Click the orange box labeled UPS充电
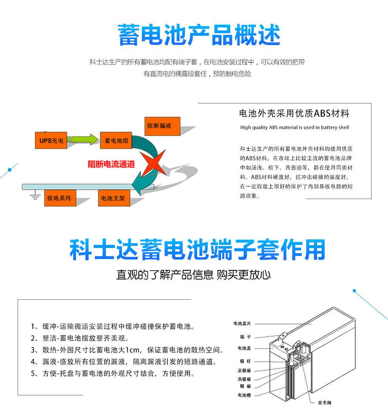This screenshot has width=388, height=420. click(x=51, y=140)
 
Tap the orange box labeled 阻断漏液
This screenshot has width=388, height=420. click(x=162, y=126)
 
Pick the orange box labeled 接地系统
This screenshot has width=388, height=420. click(x=59, y=198)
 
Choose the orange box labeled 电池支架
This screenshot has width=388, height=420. click(x=113, y=198)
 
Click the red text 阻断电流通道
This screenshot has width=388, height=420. click(x=111, y=164)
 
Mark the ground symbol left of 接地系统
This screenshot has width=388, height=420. click(x=35, y=196)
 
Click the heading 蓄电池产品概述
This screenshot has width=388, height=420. click(x=199, y=36)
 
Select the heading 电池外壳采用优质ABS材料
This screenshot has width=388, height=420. click(x=294, y=114)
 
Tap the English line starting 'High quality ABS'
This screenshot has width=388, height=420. click(x=294, y=127)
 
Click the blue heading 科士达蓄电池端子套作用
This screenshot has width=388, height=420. click(x=197, y=250)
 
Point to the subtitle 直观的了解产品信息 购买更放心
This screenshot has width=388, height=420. click(x=193, y=275)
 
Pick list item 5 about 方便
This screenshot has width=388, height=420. click(x=113, y=373)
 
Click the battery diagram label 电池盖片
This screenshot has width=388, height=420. click(x=242, y=324)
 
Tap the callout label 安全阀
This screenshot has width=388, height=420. click(x=324, y=402)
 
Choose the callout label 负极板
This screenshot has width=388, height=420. click(x=244, y=379)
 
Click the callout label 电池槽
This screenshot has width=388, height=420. click(x=244, y=395)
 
